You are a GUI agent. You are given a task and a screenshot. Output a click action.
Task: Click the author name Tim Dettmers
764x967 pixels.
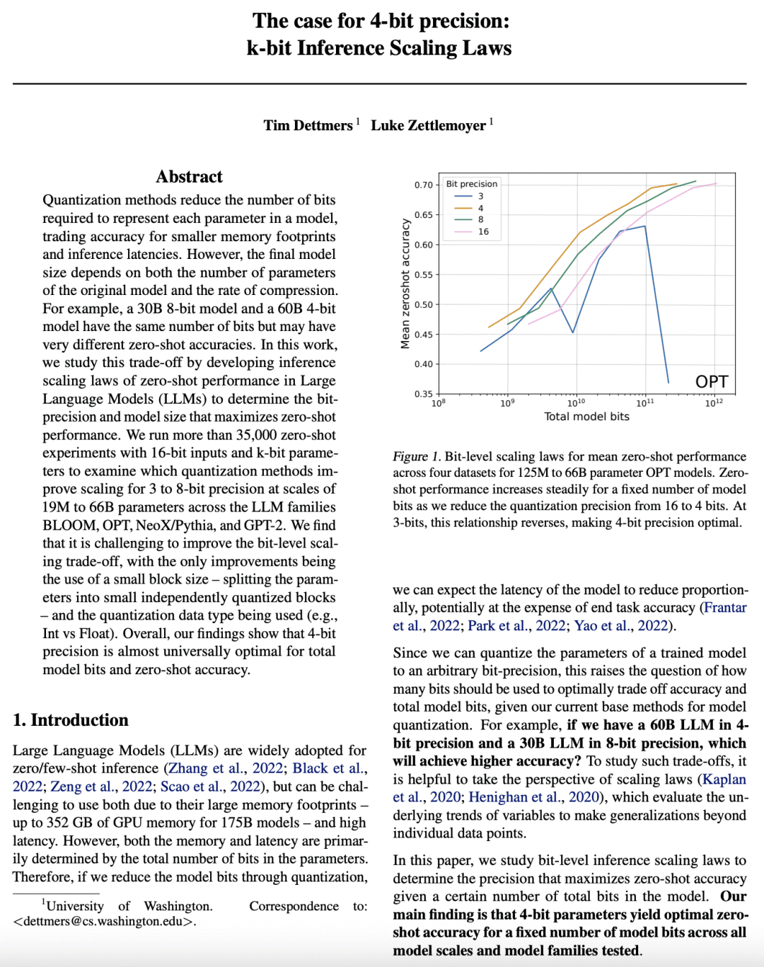click(308, 125)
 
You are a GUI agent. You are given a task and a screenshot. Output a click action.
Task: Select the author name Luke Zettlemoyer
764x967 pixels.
click(428, 125)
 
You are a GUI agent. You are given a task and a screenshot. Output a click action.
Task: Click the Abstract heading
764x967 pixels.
click(189, 177)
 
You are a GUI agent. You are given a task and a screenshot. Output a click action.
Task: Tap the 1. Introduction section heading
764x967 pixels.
click(71, 720)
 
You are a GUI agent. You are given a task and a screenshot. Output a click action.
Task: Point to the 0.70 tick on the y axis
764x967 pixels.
click(423, 185)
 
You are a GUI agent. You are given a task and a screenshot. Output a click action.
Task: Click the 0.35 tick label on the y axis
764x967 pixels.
click(423, 394)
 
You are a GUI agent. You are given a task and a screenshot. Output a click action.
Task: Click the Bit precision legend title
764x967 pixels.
click(471, 184)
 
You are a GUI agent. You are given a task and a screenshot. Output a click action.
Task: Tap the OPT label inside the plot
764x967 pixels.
click(711, 382)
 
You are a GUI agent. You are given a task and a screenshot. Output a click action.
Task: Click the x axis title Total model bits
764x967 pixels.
click(586, 417)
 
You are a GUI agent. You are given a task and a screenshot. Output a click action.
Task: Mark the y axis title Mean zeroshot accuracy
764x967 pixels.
click(405, 283)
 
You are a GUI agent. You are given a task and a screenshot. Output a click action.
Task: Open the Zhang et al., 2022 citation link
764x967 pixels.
click(226, 768)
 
